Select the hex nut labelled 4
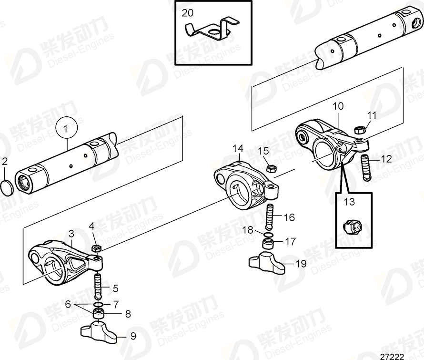pyautogui.click(x=95, y=248)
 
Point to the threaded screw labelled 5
pyautogui.click(x=99, y=284)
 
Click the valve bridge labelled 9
pyautogui.click(x=99, y=331)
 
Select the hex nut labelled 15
pyautogui.click(x=273, y=168)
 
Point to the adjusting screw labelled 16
pyautogui.click(x=269, y=215)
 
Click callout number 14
pyautogui.click(x=238, y=149)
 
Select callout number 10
pyautogui.click(x=338, y=106)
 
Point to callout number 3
pyautogui.click(x=71, y=234)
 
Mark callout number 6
pyautogui.click(x=68, y=303)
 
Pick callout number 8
pyautogui.click(x=127, y=314)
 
